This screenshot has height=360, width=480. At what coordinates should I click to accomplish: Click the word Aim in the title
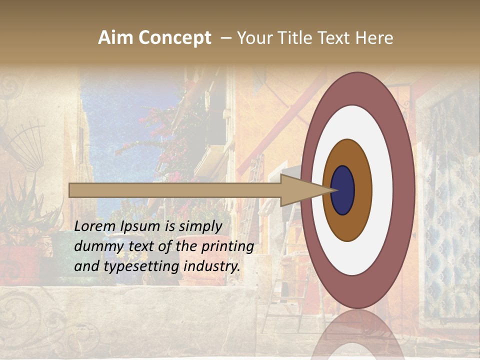click(x=115, y=38)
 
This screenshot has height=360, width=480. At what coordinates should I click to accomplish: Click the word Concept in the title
click(x=174, y=38)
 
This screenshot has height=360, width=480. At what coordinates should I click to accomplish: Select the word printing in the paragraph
click(x=227, y=246)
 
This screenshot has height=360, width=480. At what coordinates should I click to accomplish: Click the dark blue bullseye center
click(x=342, y=190)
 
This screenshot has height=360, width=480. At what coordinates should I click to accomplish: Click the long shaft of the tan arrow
click(x=175, y=190)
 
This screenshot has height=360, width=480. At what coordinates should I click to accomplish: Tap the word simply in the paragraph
click(x=200, y=226)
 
